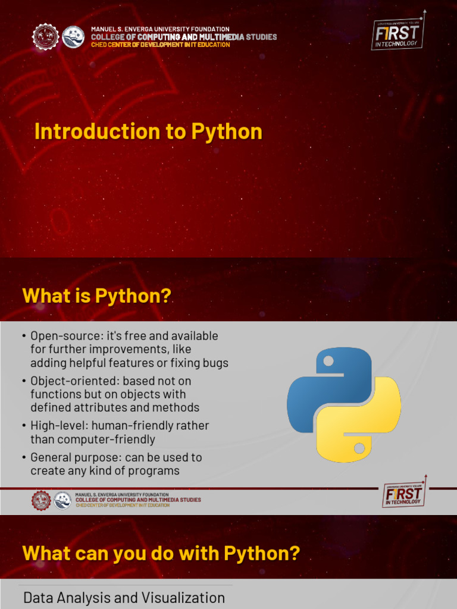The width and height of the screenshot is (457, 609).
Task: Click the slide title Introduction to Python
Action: (148, 131)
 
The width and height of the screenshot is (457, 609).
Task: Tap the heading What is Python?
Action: (96, 296)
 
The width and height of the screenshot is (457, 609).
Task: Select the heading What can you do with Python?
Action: (161, 554)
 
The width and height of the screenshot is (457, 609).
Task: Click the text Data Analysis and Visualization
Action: (124, 598)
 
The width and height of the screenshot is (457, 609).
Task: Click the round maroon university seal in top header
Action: (45, 37)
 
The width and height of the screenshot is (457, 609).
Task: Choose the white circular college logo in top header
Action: (73, 37)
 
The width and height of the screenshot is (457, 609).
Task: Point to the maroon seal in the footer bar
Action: (41, 500)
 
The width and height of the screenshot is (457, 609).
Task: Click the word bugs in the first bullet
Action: (214, 363)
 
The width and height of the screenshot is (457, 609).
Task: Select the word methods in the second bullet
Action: (178, 407)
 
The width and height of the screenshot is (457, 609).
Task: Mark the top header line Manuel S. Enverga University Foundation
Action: (160, 29)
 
